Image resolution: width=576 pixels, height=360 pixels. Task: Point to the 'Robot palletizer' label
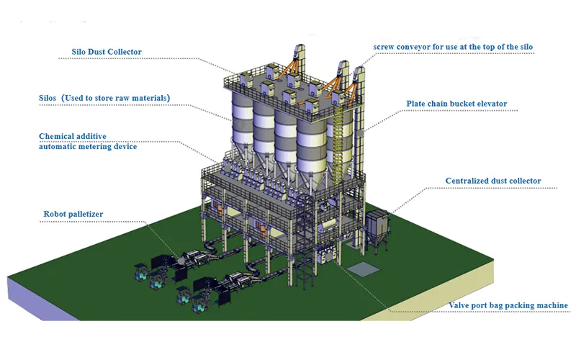coord(77,214)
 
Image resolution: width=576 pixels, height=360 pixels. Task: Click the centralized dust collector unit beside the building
coord(382,230)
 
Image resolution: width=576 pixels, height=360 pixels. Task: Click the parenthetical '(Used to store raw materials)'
coord(120,97)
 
